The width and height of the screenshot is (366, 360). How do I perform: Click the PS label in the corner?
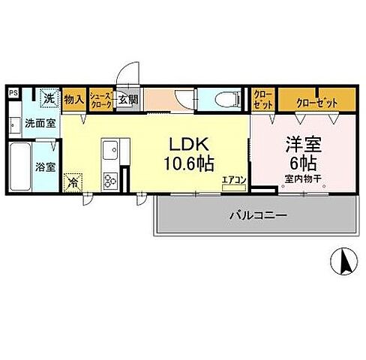pyautogui.click(x=13, y=92)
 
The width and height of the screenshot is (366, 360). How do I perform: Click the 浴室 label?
pyautogui.click(x=46, y=166)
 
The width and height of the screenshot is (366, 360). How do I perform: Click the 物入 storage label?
pyautogui.click(x=73, y=99)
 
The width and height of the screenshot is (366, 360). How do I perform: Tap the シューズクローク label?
pyautogui.click(x=100, y=100)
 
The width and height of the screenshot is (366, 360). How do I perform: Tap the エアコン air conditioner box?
pyautogui.click(x=232, y=180)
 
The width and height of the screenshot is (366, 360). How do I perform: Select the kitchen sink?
pyautogui.click(x=109, y=148)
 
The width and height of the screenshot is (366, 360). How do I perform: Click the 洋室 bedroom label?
pyautogui.click(x=301, y=145)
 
